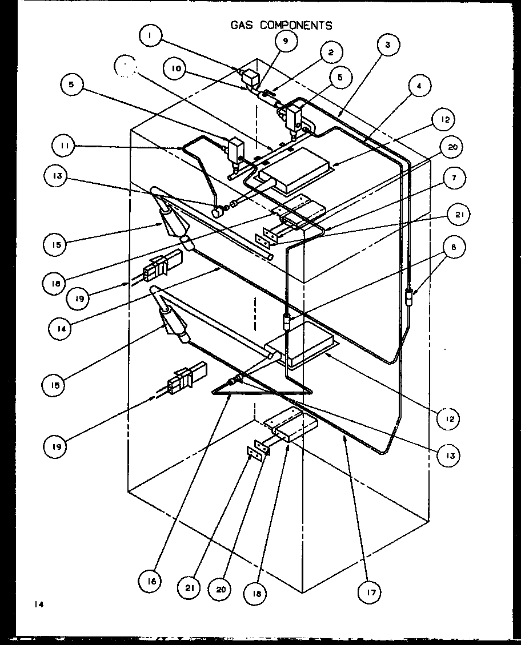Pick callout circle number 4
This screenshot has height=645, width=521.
(419, 87)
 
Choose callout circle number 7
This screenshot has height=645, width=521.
(452, 179)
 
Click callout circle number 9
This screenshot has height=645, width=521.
(285, 41)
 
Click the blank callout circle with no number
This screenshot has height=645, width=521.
(126, 67)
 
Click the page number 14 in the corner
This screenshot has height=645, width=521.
(38, 603)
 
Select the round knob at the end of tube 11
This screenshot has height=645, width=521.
(217, 212)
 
